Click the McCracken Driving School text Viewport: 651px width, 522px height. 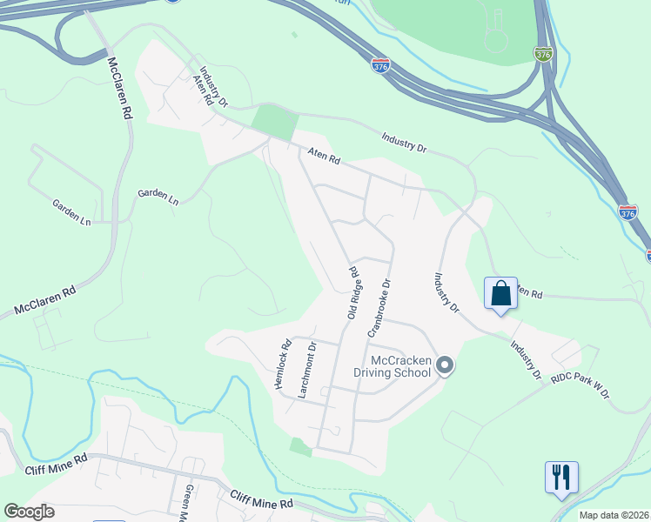coord(400,366)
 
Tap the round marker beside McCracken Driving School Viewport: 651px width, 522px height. coord(445,365)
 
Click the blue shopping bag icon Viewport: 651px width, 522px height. coord(501,292)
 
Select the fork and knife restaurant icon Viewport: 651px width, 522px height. coord(561,477)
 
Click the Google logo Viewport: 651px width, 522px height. coord(29,512)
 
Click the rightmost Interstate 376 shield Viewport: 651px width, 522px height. coord(628,211)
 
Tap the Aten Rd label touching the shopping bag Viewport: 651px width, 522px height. coord(529,292)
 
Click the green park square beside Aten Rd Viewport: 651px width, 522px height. coord(276,122)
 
